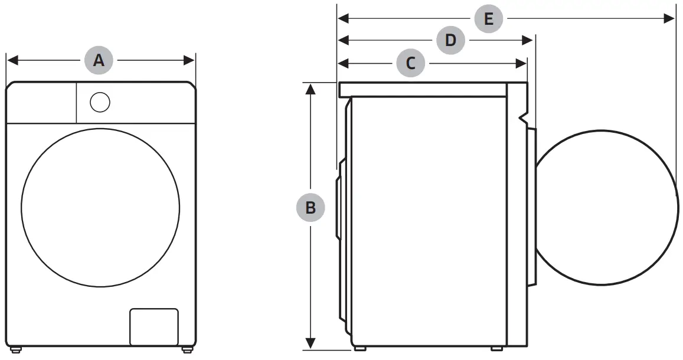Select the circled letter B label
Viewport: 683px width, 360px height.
310,208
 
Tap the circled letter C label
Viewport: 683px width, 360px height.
411,62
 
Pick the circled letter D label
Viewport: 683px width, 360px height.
450,40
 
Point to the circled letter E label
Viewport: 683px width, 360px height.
488,18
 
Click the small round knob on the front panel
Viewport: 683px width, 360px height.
100,102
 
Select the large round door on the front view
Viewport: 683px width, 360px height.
100,208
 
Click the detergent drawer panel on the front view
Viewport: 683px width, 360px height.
41,103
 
